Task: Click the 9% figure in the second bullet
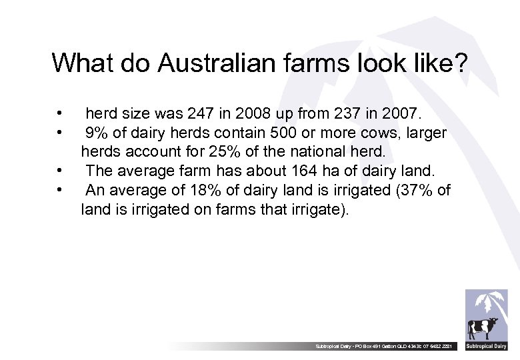click(x=97, y=133)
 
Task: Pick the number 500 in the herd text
click(x=296, y=133)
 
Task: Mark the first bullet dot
click(x=60, y=113)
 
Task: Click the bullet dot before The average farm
click(x=60, y=171)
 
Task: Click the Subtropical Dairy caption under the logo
click(x=486, y=347)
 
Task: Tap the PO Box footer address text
click(x=387, y=347)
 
